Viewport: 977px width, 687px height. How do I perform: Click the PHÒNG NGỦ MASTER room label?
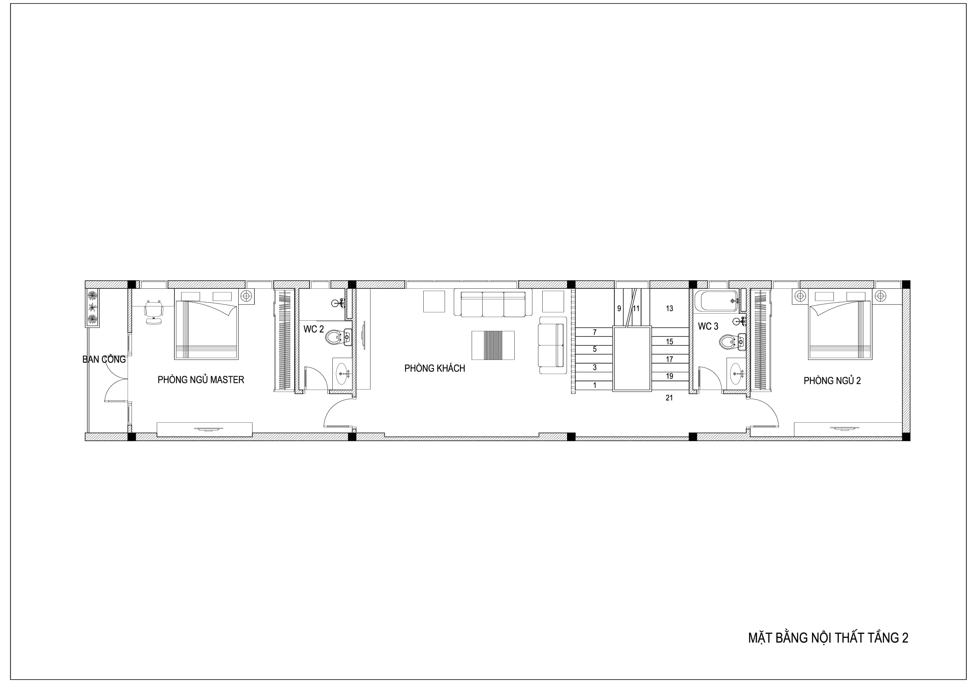[x=201, y=380]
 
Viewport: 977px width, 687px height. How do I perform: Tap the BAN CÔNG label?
[x=104, y=359]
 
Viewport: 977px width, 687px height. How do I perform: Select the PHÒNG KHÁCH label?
[x=434, y=368]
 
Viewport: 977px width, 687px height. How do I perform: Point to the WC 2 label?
[x=313, y=329]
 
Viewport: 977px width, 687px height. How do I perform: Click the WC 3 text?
[x=708, y=327]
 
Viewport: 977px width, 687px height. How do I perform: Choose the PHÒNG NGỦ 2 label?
[x=832, y=381]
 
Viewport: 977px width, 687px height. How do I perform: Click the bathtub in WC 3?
[x=716, y=301]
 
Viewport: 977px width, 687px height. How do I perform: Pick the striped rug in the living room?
[x=493, y=345]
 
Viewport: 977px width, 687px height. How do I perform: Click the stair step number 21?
[x=669, y=398]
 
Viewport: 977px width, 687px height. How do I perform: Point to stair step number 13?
[x=669, y=308]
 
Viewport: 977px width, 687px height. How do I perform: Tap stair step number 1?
[x=595, y=385]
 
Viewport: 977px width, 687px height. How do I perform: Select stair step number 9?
[x=619, y=308]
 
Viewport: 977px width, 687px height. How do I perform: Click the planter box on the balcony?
[x=92, y=308]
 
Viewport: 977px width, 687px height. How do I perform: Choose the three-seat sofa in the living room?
[x=493, y=303]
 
